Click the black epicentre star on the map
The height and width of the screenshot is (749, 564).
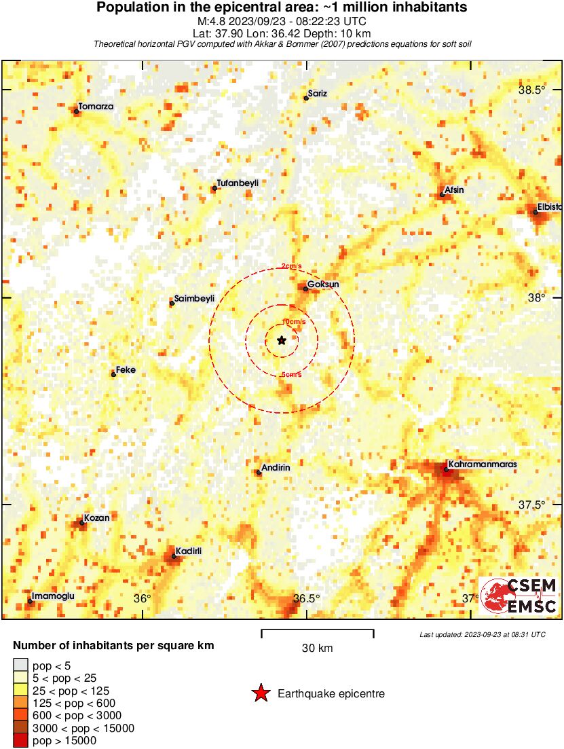282,340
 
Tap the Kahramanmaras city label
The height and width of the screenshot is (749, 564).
483,464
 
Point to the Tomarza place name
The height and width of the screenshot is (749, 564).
96,107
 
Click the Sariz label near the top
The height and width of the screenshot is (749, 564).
318,93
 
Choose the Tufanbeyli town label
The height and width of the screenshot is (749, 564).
238,183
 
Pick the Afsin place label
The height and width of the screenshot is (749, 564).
454,189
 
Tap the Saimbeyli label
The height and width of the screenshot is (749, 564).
195,298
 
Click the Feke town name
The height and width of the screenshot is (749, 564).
126,369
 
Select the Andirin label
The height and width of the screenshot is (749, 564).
276,467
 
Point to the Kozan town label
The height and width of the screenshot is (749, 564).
96,517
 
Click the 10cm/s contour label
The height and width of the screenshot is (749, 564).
294,321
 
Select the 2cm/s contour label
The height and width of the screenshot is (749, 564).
293,266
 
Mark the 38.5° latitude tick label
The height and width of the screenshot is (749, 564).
532,90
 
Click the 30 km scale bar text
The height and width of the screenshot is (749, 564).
317,648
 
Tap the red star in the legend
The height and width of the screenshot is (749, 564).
260,693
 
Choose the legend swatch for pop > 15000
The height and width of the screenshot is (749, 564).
21,741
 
